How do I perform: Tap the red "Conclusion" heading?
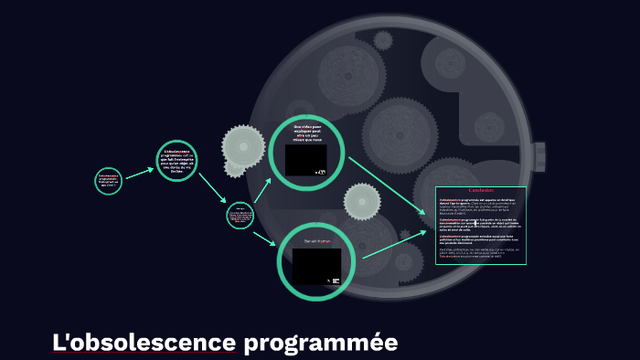(x=481, y=191)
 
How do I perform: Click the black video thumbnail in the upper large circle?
(x=305, y=159)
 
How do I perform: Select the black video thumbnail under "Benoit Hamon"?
(x=316, y=266)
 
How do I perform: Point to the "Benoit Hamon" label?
(x=316, y=241)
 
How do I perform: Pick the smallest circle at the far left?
(x=109, y=180)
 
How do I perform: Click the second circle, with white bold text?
(x=177, y=162)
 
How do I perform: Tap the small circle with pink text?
(x=240, y=216)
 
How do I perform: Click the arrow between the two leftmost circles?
(x=139, y=172)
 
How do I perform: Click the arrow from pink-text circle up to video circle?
(x=262, y=189)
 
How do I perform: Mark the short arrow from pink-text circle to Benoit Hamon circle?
(x=264, y=237)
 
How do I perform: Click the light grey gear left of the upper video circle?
(x=242, y=146)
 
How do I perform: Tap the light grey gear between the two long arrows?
(x=362, y=202)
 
